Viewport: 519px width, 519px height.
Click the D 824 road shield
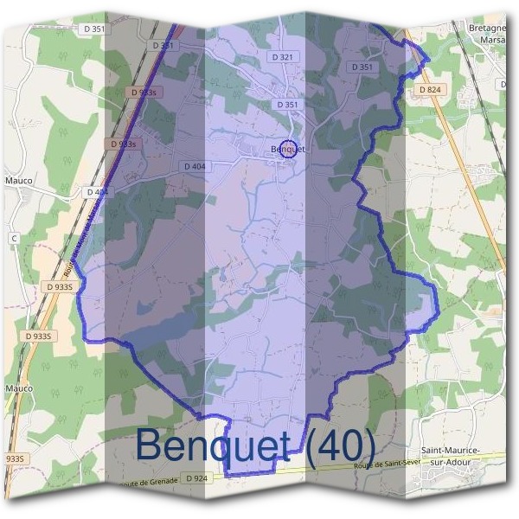pos(429,89)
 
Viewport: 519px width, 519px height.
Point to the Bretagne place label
pos(484,27)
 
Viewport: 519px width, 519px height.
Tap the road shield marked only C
pos(13,237)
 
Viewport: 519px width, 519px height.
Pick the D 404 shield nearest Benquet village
pos(195,165)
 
